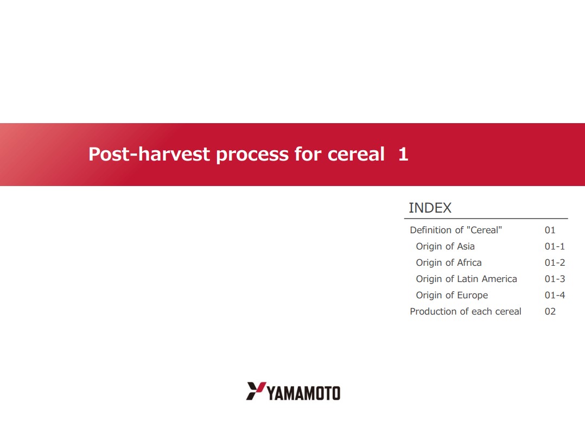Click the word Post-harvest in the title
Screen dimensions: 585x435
[x=149, y=154]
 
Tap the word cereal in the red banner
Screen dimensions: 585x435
[x=356, y=154]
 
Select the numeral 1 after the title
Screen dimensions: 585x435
[x=403, y=154]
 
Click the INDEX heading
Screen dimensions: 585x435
[x=430, y=208]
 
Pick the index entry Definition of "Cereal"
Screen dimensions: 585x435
[x=456, y=230]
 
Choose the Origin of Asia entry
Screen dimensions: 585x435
[x=445, y=246]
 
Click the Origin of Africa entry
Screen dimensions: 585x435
[x=448, y=263]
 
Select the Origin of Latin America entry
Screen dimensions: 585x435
[x=466, y=279]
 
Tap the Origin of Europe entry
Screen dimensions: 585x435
[x=452, y=295]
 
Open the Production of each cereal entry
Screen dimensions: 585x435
[x=465, y=311]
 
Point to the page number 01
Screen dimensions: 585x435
[x=550, y=230]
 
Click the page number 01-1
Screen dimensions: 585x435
[x=555, y=246]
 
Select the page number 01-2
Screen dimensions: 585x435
[x=555, y=263]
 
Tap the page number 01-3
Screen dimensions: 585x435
[x=555, y=279]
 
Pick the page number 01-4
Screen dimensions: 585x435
[x=555, y=295]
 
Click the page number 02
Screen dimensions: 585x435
[x=550, y=311]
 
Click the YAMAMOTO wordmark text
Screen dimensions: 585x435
[x=304, y=393]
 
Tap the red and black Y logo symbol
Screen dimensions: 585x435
[x=256, y=391]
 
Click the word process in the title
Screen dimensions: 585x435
[x=252, y=155]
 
